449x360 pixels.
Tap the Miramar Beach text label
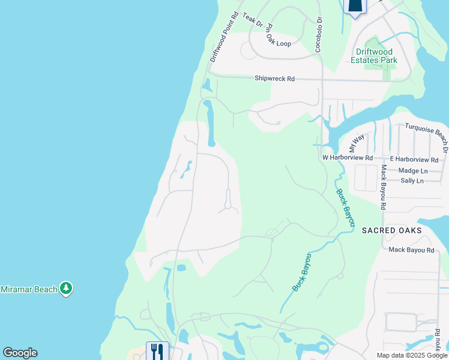(x=28, y=289)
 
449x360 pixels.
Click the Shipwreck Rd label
(x=274, y=79)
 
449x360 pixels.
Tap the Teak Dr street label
(x=253, y=19)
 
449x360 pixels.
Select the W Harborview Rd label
(x=348, y=158)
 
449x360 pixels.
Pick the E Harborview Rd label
(x=414, y=160)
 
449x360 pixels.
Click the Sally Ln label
(x=412, y=181)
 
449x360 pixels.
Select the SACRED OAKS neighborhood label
(x=391, y=230)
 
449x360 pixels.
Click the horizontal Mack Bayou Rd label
(x=411, y=250)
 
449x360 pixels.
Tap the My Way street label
(x=357, y=143)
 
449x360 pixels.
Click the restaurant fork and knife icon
(x=157, y=350)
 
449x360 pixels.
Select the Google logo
(x=20, y=353)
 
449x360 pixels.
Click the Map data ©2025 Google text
(x=412, y=355)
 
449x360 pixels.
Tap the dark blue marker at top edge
(x=355, y=6)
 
